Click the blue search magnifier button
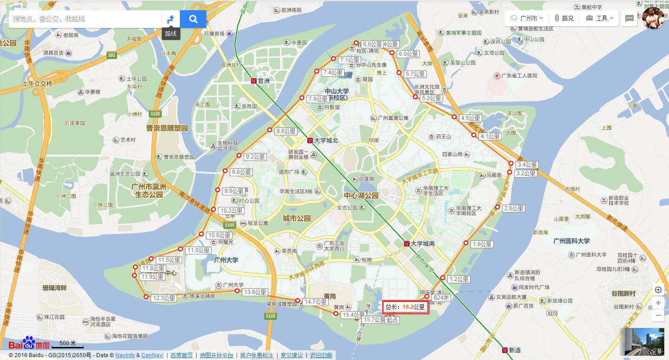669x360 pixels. point(193,19)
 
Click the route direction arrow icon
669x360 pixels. point(171,19)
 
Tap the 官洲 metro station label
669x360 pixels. point(264,81)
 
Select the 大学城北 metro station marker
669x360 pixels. point(310,140)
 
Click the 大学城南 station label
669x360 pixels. point(423,244)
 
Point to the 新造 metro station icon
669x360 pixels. point(504,350)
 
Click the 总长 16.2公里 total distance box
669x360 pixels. point(405,307)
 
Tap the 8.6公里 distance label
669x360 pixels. point(286,131)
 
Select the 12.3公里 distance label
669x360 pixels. point(164,298)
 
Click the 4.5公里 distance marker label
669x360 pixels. point(470,118)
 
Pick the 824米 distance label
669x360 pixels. point(441,298)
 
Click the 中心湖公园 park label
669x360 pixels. point(361,195)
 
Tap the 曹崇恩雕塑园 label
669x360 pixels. point(167,128)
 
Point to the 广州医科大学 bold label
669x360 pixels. point(571,241)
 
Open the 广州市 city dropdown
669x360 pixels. point(527,18)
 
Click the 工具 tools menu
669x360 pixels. point(600,18)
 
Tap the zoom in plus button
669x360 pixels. point(658,303)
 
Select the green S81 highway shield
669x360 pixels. point(112,55)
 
